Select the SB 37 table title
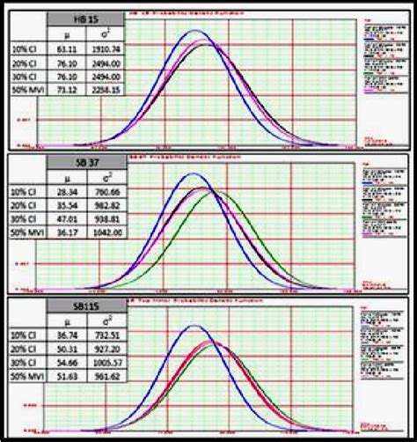pos(86,165)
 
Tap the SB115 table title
pos(86,310)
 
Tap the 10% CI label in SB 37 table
pos(25,198)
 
